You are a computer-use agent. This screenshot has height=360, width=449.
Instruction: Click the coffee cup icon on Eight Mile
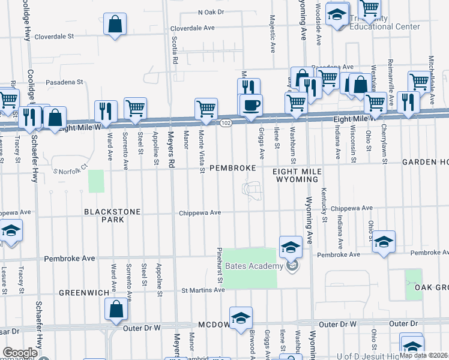pyautogui.click(x=251, y=105)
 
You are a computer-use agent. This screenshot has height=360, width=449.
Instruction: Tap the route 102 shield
pyautogui.click(x=225, y=122)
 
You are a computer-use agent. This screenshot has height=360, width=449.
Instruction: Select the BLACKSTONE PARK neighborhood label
pyautogui.click(x=112, y=215)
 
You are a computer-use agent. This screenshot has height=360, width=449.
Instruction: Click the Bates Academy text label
pyautogui.click(x=254, y=266)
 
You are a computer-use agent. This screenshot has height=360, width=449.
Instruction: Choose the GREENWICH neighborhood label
pyautogui.click(x=83, y=292)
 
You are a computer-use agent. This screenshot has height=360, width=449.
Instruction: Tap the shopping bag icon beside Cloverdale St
pyautogui.click(x=115, y=25)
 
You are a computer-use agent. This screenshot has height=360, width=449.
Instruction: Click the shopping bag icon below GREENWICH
pyautogui.click(x=116, y=309)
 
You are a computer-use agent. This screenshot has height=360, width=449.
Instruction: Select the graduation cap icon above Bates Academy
pyautogui.click(x=291, y=247)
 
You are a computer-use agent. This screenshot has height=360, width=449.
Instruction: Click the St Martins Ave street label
pyautogui.click(x=203, y=290)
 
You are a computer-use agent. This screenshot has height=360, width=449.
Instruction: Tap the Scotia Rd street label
pyautogui.click(x=175, y=49)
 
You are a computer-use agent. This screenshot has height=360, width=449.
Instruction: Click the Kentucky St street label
pyautogui.click(x=323, y=205)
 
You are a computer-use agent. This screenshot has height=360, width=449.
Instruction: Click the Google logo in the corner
pyautogui.click(x=20, y=353)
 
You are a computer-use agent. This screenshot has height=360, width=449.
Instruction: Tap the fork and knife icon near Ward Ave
pyautogui.click(x=106, y=110)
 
